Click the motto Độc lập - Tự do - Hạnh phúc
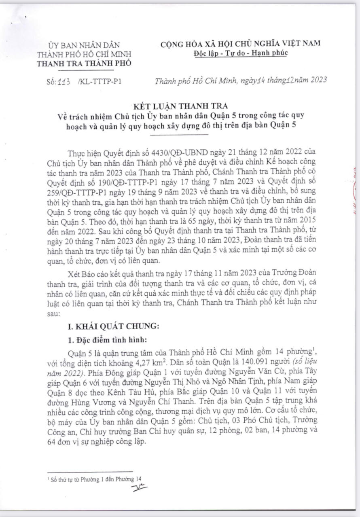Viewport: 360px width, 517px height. [x=240, y=53]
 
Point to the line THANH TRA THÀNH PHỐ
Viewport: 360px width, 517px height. [x=84, y=63]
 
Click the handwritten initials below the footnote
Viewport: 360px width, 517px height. [x=140, y=487]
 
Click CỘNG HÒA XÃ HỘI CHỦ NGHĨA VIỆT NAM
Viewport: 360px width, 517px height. [x=240, y=43]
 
